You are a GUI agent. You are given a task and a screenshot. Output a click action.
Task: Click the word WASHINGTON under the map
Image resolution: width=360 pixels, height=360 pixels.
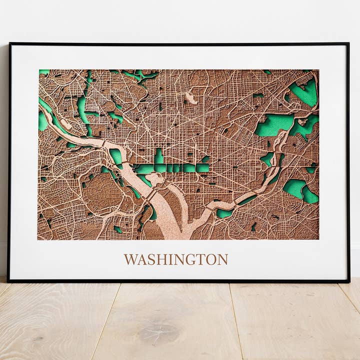[175, 259]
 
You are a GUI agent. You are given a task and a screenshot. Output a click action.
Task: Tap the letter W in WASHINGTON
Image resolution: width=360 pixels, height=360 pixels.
[130, 259]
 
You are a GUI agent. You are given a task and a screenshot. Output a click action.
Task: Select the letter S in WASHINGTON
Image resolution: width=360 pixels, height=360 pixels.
[149, 259]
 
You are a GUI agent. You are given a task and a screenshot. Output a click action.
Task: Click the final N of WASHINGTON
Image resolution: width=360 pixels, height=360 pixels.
[222, 259]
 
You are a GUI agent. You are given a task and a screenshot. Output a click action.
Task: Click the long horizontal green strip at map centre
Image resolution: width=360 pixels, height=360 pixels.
[170, 168]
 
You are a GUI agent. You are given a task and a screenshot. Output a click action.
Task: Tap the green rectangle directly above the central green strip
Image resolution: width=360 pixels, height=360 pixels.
[159, 156]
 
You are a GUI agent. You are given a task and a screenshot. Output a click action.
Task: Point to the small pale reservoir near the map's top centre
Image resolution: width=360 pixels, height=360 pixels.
[191, 98]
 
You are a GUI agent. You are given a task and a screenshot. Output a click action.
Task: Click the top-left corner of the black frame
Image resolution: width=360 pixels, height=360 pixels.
[9, 44]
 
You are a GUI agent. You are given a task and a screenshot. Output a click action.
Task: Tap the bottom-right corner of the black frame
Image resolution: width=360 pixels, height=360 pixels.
[348, 281]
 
